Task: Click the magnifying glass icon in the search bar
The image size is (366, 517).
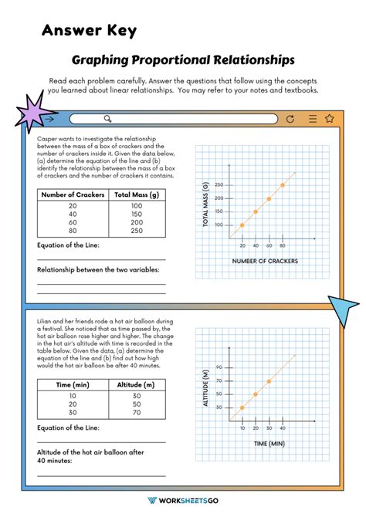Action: (108, 119)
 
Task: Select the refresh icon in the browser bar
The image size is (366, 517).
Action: (290, 119)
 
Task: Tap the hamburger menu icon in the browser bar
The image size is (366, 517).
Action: (311, 119)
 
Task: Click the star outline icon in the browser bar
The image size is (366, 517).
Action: (330, 119)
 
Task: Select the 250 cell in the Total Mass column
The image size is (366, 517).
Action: (136, 231)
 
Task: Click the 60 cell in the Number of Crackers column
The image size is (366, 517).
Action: (73, 222)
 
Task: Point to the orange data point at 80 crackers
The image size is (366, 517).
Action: (283, 185)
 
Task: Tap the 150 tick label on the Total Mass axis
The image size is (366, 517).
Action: (219, 211)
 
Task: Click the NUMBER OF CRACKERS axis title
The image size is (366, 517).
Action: (265, 261)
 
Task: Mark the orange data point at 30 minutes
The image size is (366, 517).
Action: (269, 381)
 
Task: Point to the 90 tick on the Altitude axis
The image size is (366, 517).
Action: (219, 367)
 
